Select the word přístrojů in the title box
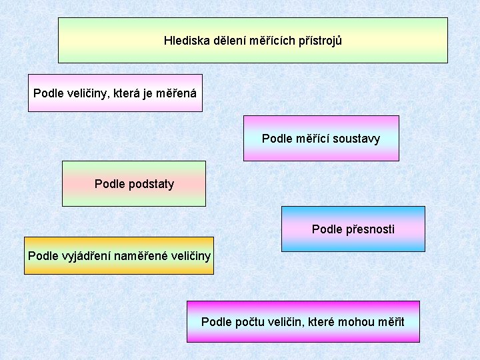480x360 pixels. [321, 41]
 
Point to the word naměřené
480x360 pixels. [139, 256]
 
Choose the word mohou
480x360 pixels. [355, 322]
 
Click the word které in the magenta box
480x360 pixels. [321, 322]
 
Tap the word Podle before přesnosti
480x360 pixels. [327, 229]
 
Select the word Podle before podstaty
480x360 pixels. [109, 184]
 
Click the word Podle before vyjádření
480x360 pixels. [43, 256]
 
